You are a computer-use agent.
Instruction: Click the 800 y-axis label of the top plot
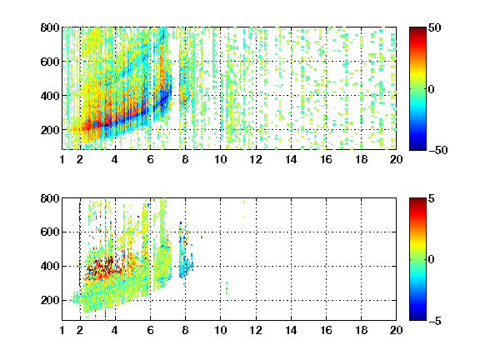[x=50, y=27]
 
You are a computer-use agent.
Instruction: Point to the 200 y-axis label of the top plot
[x=50, y=130]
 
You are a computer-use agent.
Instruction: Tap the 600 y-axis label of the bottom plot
[x=50, y=232]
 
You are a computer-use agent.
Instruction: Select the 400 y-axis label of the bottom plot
[x=50, y=266]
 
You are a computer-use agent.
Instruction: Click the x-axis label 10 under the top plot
[x=220, y=159]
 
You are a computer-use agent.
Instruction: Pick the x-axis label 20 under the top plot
[x=396, y=159]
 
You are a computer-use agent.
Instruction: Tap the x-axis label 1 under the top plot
[x=62, y=159]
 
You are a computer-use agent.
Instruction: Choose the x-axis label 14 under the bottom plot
[x=291, y=330]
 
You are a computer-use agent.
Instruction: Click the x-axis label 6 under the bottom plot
[x=150, y=330]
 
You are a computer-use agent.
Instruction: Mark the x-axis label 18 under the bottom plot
[x=361, y=330]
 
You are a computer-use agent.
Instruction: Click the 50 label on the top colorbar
[x=434, y=27]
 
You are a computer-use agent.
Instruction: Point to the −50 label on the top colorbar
[x=438, y=150]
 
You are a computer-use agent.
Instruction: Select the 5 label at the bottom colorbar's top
[x=432, y=198]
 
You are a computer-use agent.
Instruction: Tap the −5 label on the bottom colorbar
[x=435, y=321]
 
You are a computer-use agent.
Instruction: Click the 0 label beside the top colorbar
[x=431, y=89]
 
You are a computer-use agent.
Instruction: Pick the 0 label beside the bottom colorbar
[x=431, y=260]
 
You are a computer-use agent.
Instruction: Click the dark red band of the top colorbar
[x=417, y=31]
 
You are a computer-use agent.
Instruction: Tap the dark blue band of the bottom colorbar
[x=417, y=317]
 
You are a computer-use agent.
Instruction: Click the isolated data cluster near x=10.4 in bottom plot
[x=227, y=288]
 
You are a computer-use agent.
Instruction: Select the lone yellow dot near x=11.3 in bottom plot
[x=244, y=217]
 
